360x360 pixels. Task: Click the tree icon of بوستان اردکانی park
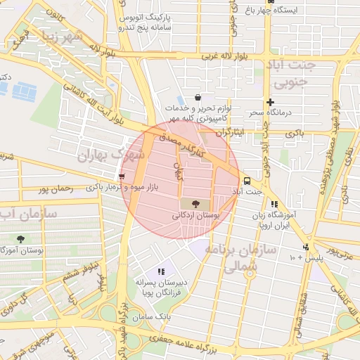pyautogui.click(x=195, y=203)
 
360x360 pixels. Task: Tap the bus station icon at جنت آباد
pyautogui.click(x=246, y=180)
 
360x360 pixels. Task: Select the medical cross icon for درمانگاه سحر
pyautogui.click(x=269, y=102)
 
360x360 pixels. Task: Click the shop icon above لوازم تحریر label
pyautogui.click(x=198, y=97)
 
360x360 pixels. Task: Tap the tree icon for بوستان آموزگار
pyautogui.click(x=20, y=239)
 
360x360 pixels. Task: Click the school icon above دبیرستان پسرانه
pyautogui.click(x=161, y=271)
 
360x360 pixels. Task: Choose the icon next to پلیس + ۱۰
pyautogui.click(x=305, y=247)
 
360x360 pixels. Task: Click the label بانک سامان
pyautogui.click(x=155, y=317)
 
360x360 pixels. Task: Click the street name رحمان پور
pyautogui.click(x=58, y=189)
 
